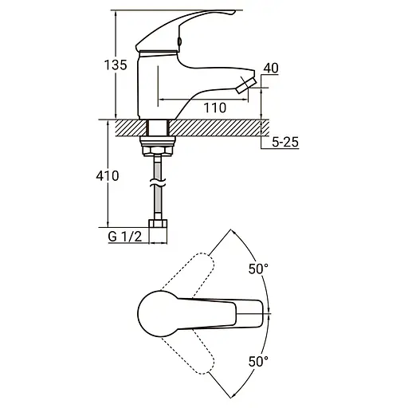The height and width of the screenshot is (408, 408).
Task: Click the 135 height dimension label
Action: (x=117, y=66)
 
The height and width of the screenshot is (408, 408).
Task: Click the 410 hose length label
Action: (x=108, y=175)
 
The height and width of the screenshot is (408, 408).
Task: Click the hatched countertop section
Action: (x=215, y=127)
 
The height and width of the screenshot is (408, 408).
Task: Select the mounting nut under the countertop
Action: (x=159, y=144)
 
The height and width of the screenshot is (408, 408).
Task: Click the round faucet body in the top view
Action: (x=156, y=313)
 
